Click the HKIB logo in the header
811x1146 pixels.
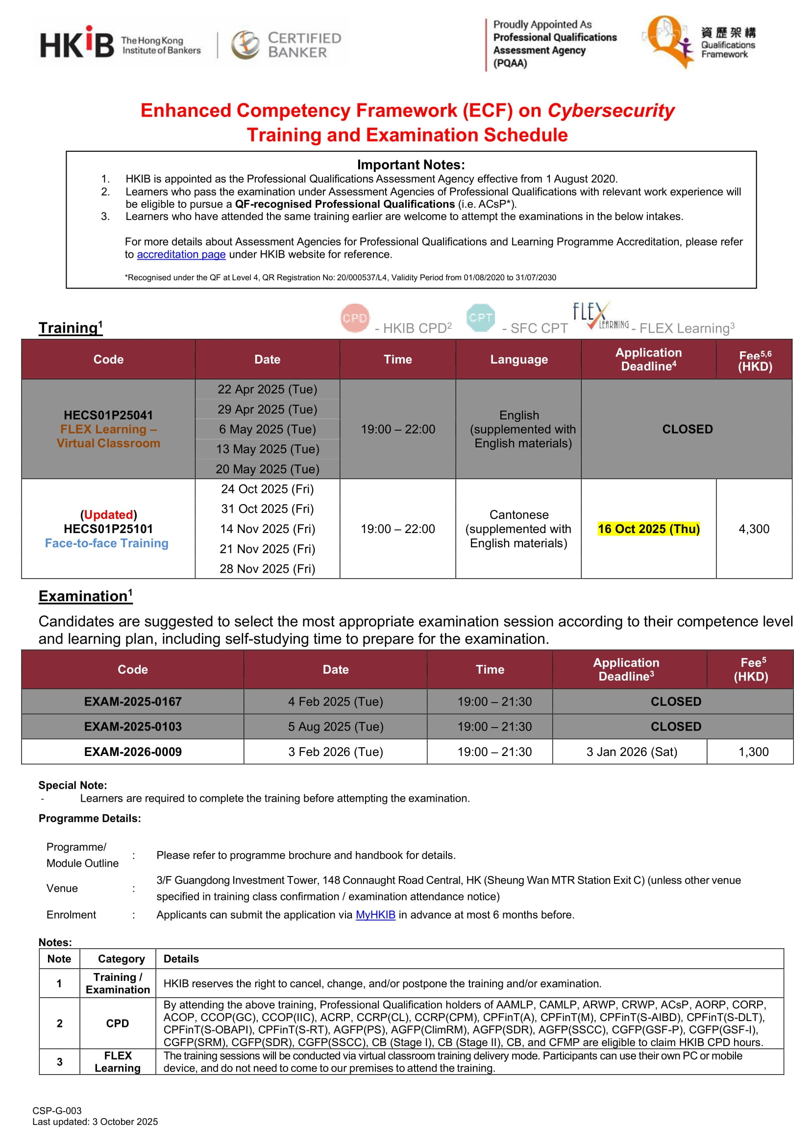(x=77, y=44)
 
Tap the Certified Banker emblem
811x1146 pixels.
(x=245, y=45)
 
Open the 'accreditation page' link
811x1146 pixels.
(x=181, y=254)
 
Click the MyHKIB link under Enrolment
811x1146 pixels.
(x=375, y=914)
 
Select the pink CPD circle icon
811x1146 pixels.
(x=355, y=317)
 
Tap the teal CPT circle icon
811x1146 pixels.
(x=480, y=317)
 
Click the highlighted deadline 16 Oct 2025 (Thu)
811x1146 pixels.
(x=648, y=528)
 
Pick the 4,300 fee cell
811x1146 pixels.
(x=754, y=528)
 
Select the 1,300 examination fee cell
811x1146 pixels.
(x=753, y=751)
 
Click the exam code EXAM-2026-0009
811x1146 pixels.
(x=133, y=751)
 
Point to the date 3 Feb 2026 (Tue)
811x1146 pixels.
(x=335, y=751)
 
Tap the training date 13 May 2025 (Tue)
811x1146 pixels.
(x=267, y=448)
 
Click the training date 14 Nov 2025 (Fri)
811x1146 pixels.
(x=267, y=528)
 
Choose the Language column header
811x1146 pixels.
(x=518, y=359)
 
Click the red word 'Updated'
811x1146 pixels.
(x=108, y=514)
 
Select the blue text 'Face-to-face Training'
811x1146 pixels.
(x=107, y=543)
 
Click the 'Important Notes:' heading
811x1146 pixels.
(x=411, y=165)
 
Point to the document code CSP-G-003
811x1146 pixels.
(x=57, y=1110)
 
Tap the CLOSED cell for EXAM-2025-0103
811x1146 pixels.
(x=675, y=726)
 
